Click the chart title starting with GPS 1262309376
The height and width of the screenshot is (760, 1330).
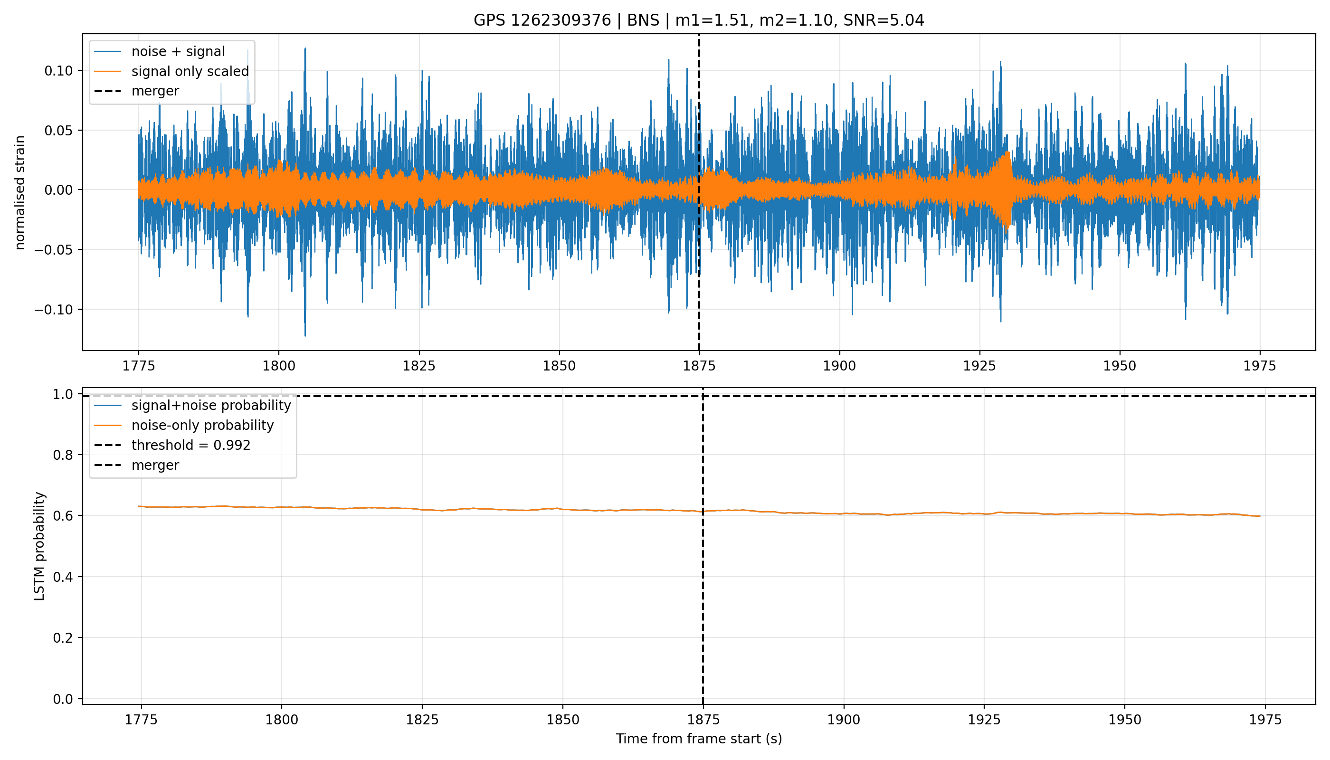pyautogui.click(x=698, y=20)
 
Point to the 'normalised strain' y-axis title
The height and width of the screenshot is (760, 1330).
pyautogui.click(x=20, y=192)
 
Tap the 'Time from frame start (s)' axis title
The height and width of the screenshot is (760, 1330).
pyautogui.click(x=698, y=739)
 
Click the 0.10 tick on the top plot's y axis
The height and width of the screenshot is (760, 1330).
pyautogui.click(x=58, y=70)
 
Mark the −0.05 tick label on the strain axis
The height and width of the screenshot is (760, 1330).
pyautogui.click(x=54, y=249)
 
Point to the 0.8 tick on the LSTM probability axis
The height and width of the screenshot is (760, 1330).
pyautogui.click(x=63, y=455)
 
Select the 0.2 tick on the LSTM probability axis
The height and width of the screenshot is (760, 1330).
pyautogui.click(x=63, y=638)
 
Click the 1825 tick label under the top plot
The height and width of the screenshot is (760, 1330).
pyautogui.click(x=418, y=366)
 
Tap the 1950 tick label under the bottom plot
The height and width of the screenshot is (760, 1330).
pyautogui.click(x=1124, y=720)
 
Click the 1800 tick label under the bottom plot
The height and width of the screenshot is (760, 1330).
pyautogui.click(x=281, y=720)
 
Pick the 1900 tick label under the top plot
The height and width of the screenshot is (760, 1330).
pyautogui.click(x=839, y=366)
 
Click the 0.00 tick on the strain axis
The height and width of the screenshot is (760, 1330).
pyautogui.click(x=58, y=190)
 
